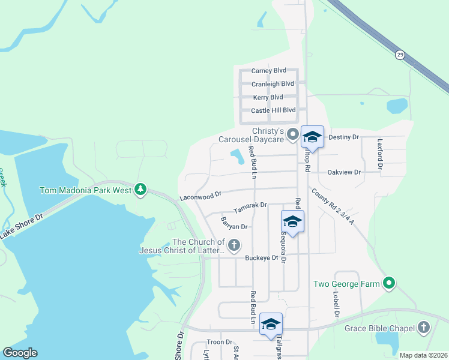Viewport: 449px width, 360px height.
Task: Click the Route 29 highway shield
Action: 400,55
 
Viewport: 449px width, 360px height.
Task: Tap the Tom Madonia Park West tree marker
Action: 140,190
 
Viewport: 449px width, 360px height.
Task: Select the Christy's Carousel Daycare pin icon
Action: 293,134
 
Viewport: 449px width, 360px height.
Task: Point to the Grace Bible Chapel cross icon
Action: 424,328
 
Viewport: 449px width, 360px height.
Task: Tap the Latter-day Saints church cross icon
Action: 234,245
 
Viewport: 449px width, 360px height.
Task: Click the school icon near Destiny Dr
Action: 312,137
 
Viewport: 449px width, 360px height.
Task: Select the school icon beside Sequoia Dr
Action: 292,221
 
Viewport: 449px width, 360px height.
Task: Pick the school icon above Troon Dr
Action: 271,324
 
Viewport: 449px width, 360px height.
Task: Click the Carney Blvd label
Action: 268,70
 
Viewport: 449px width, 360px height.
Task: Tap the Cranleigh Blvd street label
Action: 273,84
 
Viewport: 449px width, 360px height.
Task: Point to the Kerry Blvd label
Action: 268,97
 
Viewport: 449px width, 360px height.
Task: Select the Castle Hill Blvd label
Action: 273,110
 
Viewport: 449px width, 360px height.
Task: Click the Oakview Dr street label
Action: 344,172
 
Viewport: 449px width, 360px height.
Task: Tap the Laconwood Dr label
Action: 200,196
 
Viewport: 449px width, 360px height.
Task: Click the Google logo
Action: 20,353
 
